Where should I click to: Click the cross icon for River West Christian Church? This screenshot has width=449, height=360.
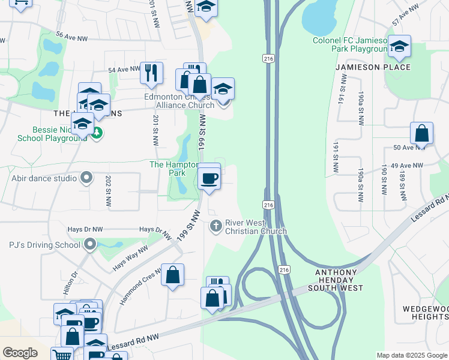click(x=215, y=226)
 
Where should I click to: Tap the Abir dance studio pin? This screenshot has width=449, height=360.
click(x=87, y=178)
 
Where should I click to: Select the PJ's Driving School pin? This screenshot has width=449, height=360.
click(x=90, y=244)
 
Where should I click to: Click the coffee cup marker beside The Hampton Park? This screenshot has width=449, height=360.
click(x=209, y=179)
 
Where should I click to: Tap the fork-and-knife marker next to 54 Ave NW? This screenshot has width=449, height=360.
click(x=151, y=73)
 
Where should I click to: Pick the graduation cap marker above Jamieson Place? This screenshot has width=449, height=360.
click(x=399, y=45)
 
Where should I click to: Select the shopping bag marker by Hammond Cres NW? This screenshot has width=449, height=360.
click(x=173, y=275)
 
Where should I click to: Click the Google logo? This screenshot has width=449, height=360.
click(x=20, y=353)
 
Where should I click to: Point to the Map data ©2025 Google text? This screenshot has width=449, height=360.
click(x=411, y=355)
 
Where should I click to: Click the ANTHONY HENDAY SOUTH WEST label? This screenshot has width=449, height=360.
click(x=339, y=280)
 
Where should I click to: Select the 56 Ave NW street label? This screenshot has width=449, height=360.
click(x=72, y=38)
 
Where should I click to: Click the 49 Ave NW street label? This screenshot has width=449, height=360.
click(x=407, y=165)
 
